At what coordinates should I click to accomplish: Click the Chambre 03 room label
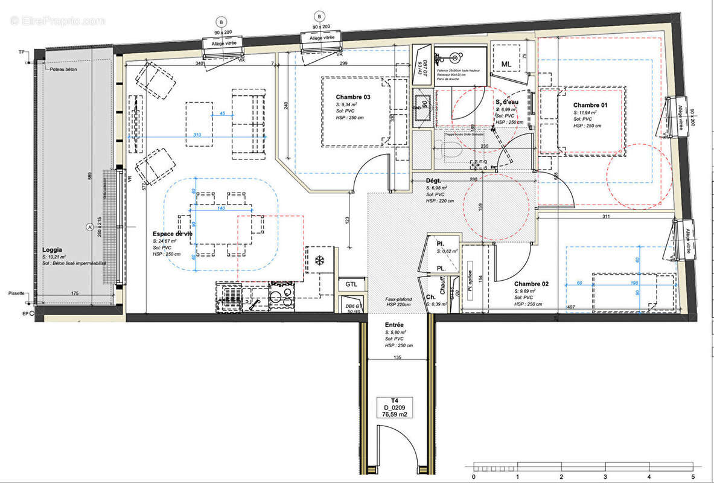coord(354,97)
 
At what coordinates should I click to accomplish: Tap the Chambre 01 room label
coord(590,104)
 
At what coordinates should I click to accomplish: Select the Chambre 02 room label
coord(531,283)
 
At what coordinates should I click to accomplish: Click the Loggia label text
coord(53,250)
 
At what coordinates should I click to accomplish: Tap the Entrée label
coord(395,324)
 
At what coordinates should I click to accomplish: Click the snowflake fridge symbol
coord(319,260)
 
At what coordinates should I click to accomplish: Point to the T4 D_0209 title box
coord(395,408)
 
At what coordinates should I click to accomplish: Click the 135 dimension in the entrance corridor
coord(398,357)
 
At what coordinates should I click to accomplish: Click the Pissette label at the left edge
coord(16,293)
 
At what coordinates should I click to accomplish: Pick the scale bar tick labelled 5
coord(693,476)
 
